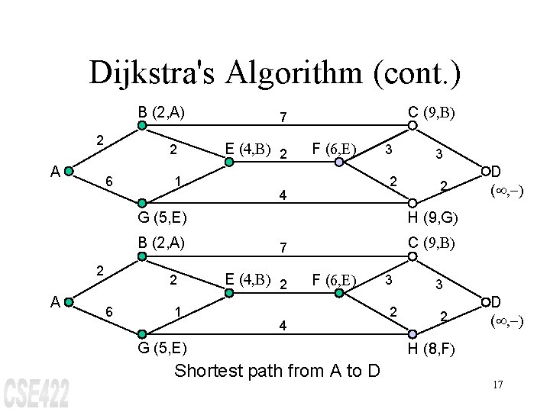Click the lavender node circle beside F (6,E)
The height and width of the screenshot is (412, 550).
(x=339, y=162)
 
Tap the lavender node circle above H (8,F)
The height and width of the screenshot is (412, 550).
(x=412, y=333)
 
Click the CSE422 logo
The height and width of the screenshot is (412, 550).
(x=37, y=392)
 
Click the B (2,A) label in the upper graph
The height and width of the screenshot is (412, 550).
(x=163, y=113)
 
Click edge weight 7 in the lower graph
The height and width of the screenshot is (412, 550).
(x=282, y=249)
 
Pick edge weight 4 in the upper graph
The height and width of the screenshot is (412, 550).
(x=282, y=195)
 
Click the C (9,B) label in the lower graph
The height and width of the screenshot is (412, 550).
(x=432, y=243)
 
